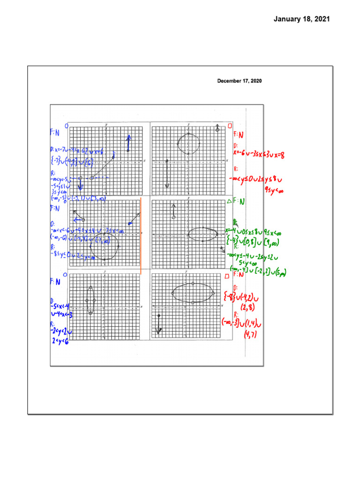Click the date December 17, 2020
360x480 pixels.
[x=239, y=81]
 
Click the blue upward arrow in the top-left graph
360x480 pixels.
[x=128, y=142]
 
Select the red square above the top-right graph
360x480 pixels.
[x=230, y=126]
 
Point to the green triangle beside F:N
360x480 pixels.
[x=229, y=202]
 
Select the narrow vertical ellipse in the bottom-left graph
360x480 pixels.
[x=90, y=300]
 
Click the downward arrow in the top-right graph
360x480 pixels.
[x=167, y=174]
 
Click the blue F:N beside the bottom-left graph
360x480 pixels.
[x=55, y=282]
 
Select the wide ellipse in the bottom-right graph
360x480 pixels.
[x=193, y=293]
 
